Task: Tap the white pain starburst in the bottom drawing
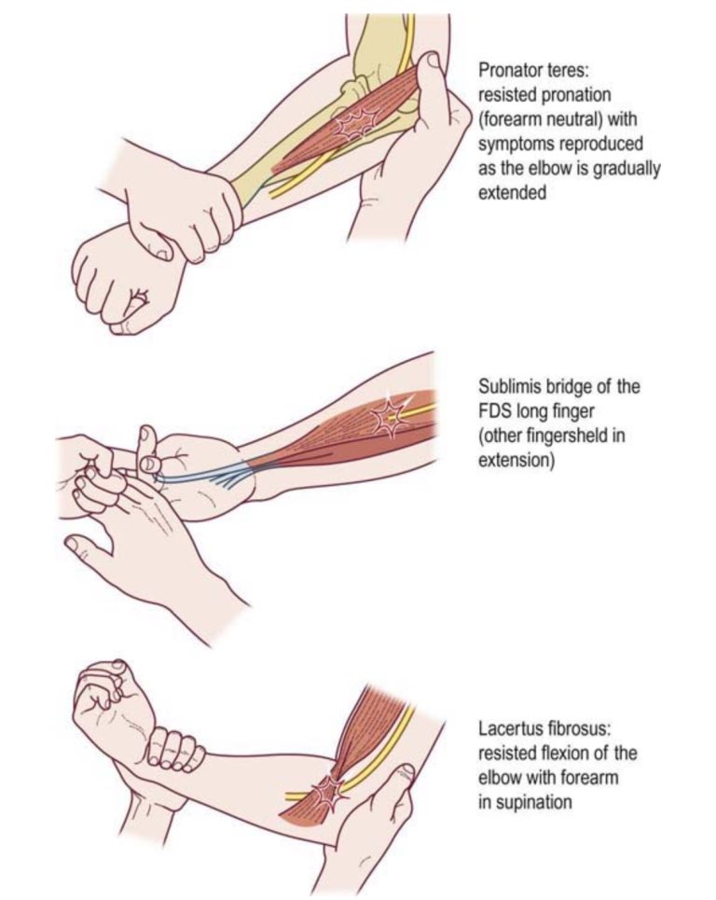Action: coord(329,794)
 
